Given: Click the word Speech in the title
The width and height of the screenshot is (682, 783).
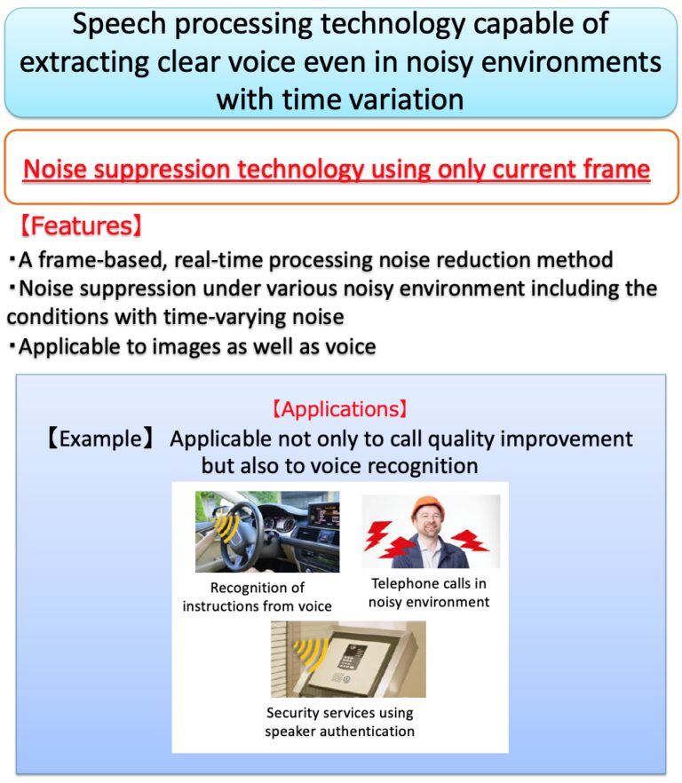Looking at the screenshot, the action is click(x=118, y=25).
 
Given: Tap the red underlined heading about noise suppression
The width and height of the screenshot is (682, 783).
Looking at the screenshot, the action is click(x=337, y=169).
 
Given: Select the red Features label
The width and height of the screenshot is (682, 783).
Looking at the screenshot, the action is click(x=81, y=225).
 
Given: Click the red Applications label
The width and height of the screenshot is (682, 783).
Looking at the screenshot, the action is click(x=340, y=409).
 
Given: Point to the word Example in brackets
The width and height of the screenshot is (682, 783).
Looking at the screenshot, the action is click(x=100, y=439).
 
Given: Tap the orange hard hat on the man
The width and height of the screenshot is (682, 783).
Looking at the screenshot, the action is click(x=428, y=507).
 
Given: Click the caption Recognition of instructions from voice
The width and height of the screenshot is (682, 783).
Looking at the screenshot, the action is click(x=258, y=597).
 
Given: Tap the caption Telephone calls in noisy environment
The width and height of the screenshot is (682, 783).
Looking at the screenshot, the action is click(x=429, y=593).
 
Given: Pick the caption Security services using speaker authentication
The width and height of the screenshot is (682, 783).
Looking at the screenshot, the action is click(x=340, y=722).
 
